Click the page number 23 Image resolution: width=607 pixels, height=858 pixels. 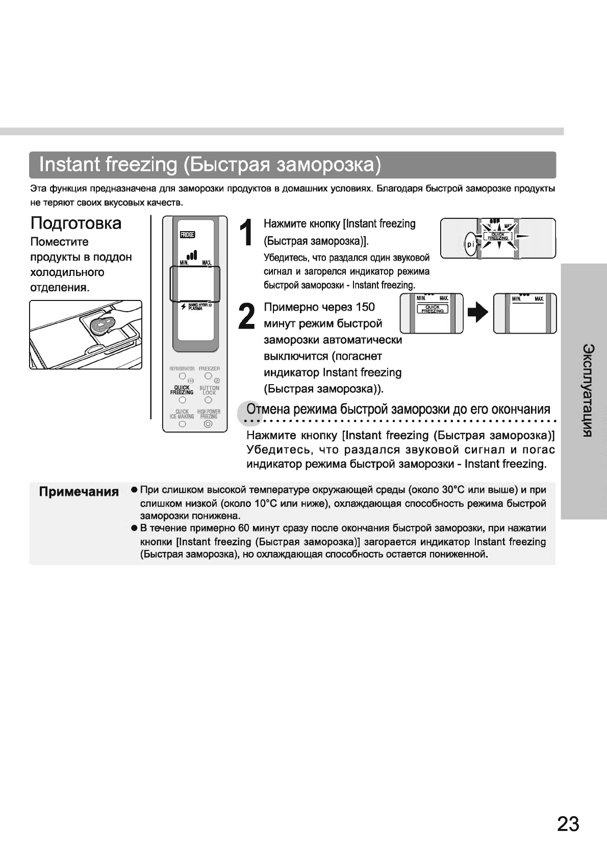click(568, 824)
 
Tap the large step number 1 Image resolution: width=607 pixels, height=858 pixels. click(246, 234)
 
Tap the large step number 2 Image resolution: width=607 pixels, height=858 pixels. click(246, 317)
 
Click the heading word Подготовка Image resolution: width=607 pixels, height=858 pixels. click(76, 223)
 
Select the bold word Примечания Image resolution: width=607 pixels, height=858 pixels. click(79, 492)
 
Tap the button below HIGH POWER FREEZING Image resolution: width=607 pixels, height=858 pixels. click(208, 423)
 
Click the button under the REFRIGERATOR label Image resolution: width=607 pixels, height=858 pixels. click(182, 376)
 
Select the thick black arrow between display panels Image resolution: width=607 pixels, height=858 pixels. click(478, 313)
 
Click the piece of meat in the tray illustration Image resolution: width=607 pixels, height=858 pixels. click(103, 324)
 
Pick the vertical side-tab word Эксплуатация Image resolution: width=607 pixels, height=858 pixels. click(587, 391)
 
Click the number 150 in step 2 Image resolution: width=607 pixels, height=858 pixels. click(365, 307)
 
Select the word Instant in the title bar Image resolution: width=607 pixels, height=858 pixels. click(69, 164)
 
